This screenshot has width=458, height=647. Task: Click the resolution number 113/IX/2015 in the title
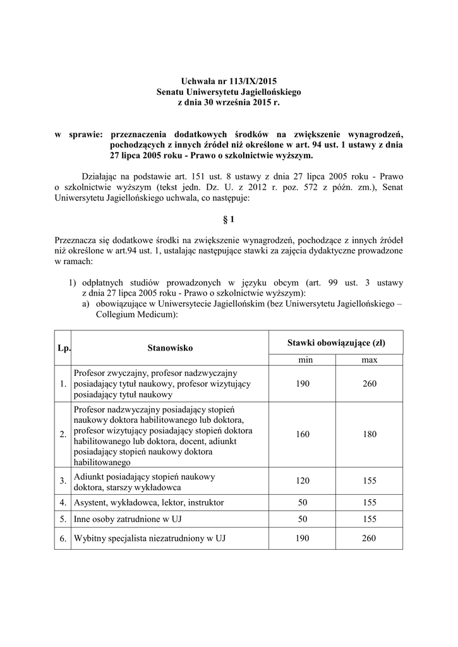(x=251, y=82)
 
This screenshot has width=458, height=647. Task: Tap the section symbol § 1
(x=229, y=219)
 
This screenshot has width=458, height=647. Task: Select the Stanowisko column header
(x=170, y=348)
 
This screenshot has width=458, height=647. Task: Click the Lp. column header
(x=63, y=348)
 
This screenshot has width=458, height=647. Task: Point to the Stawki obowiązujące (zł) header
(x=335, y=342)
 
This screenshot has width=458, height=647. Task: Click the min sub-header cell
(x=302, y=360)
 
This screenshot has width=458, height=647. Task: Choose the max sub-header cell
(x=370, y=360)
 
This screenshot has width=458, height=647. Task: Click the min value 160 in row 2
(x=302, y=435)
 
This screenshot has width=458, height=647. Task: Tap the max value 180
(x=370, y=435)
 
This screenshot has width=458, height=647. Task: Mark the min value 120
(x=302, y=481)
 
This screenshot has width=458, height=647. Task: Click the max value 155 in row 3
(x=370, y=481)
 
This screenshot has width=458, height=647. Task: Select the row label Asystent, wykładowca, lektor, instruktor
(x=148, y=503)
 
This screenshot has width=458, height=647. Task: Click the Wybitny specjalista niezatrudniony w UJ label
(x=150, y=538)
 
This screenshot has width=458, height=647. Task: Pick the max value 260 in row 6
(x=370, y=538)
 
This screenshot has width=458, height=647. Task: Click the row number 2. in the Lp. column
(x=63, y=435)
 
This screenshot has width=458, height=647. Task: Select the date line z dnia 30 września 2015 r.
(x=229, y=102)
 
